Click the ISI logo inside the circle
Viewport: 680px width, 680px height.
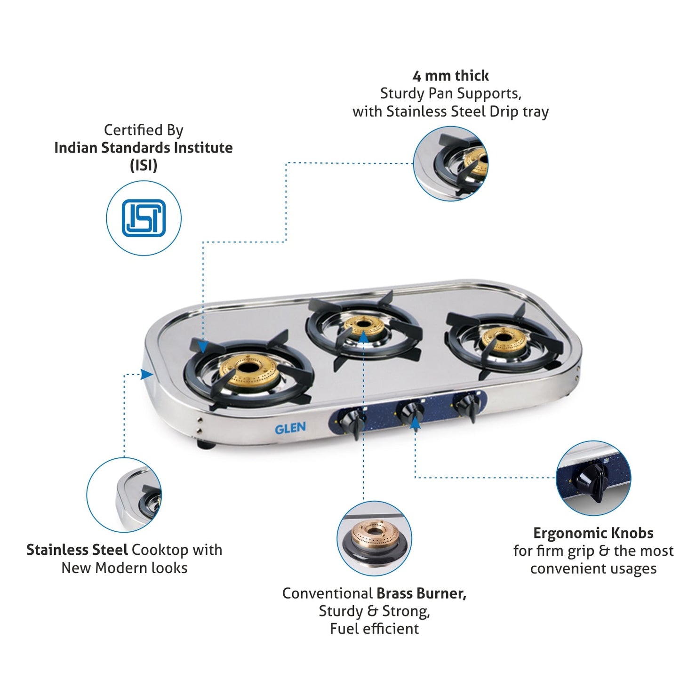[144, 218]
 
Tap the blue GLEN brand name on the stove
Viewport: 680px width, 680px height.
[290, 428]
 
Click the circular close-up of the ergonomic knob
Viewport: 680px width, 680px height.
[593, 478]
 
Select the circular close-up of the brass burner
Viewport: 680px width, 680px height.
[374, 538]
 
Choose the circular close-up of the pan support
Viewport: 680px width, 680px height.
[450, 164]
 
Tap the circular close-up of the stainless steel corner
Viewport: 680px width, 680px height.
[124, 495]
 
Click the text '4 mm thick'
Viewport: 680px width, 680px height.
[450, 76]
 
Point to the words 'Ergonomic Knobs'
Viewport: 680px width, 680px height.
[593, 533]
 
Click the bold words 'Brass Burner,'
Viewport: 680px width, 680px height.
[421, 593]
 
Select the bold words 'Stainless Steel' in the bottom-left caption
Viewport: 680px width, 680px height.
[77, 550]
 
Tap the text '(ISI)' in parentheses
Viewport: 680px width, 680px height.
[144, 166]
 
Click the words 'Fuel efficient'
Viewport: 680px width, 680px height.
[374, 629]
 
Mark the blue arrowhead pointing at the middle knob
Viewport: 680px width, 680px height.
[415, 423]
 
